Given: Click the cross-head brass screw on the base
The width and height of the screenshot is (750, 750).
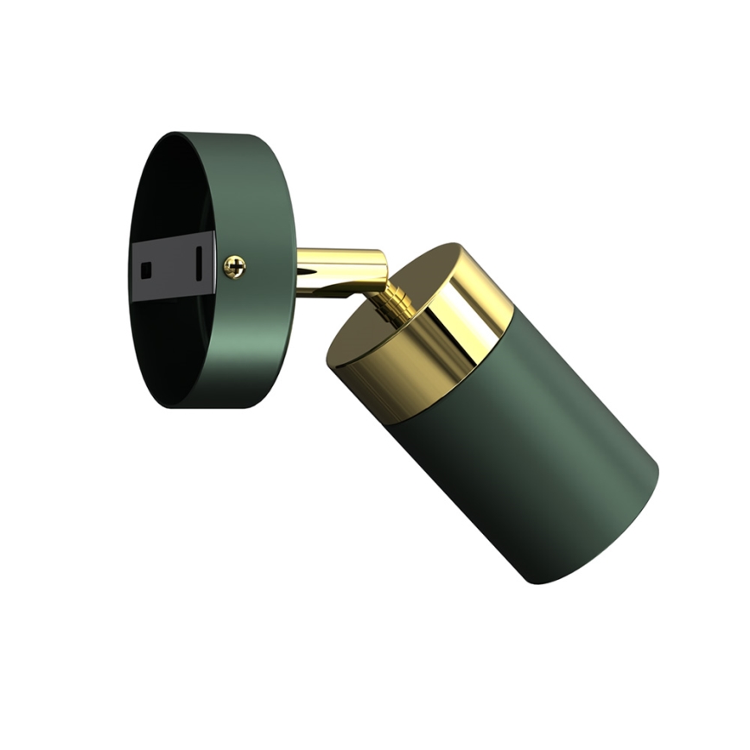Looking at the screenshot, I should click(x=234, y=267).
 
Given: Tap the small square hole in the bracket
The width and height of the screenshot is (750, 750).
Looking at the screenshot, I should click(x=146, y=267).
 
